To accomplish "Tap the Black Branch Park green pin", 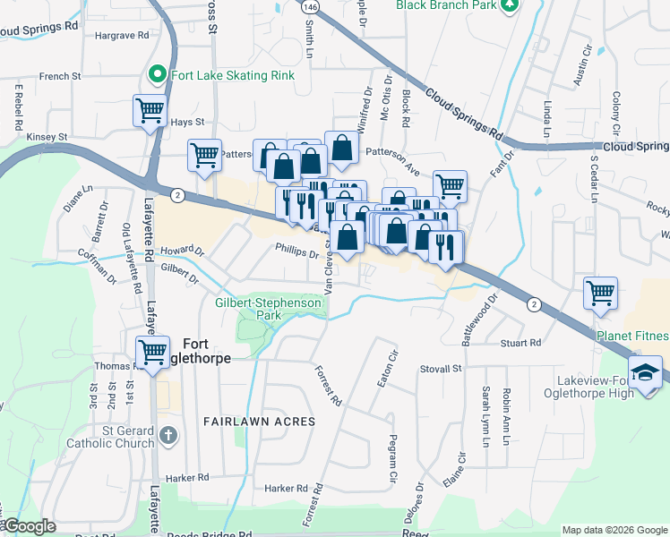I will pyautogui.click(x=510, y=5).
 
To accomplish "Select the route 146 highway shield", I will pyautogui.click(x=310, y=5).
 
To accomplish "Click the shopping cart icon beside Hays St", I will pyautogui.click(x=149, y=111).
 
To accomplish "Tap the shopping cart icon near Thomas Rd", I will pyautogui.click(x=152, y=351).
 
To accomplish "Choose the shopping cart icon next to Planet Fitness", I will pyautogui.click(x=600, y=292).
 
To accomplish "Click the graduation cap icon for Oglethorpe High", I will pyautogui.click(x=645, y=371).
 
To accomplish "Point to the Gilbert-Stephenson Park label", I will pyautogui.click(x=268, y=309).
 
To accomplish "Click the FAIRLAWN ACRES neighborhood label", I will pyautogui.click(x=259, y=421).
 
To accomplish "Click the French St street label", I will pyautogui.click(x=60, y=77).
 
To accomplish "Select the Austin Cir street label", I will pyautogui.click(x=582, y=63).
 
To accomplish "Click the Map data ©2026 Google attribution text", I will pyautogui.click(x=614, y=530).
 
